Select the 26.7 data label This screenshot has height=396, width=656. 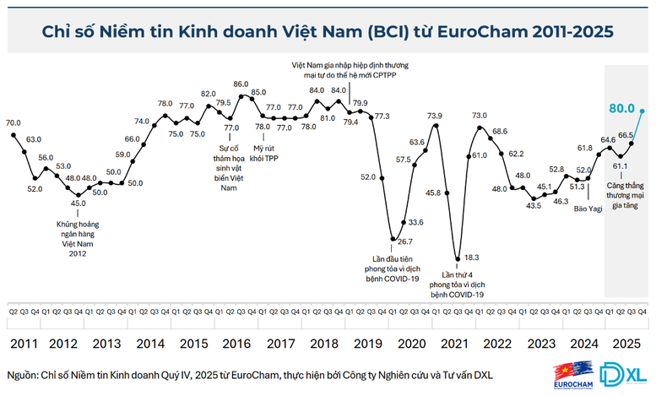pyautogui.click(x=404, y=241)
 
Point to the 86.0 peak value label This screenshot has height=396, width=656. pyautogui.click(x=241, y=84)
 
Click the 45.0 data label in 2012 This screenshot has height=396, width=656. pyautogui.click(x=78, y=203)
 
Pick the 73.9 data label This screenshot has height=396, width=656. pyautogui.click(x=434, y=116)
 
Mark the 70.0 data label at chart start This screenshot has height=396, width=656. pyautogui.click(x=14, y=122)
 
